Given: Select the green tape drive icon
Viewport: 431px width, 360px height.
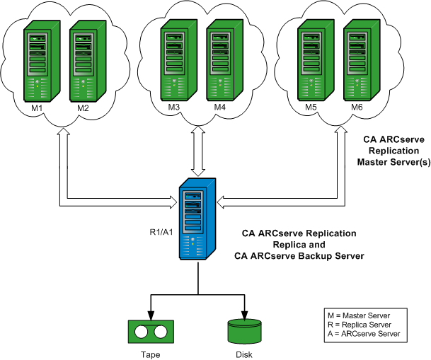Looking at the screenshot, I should (151, 332).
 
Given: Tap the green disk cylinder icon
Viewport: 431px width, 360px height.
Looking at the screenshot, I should (244, 331).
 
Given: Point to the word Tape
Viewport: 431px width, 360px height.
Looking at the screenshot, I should (151, 354).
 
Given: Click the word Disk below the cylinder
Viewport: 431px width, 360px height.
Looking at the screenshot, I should (244, 354).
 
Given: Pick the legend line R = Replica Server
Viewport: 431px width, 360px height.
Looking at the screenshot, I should (360, 323).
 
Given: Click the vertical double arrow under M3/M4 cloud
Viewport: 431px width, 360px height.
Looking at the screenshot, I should (197, 152).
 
